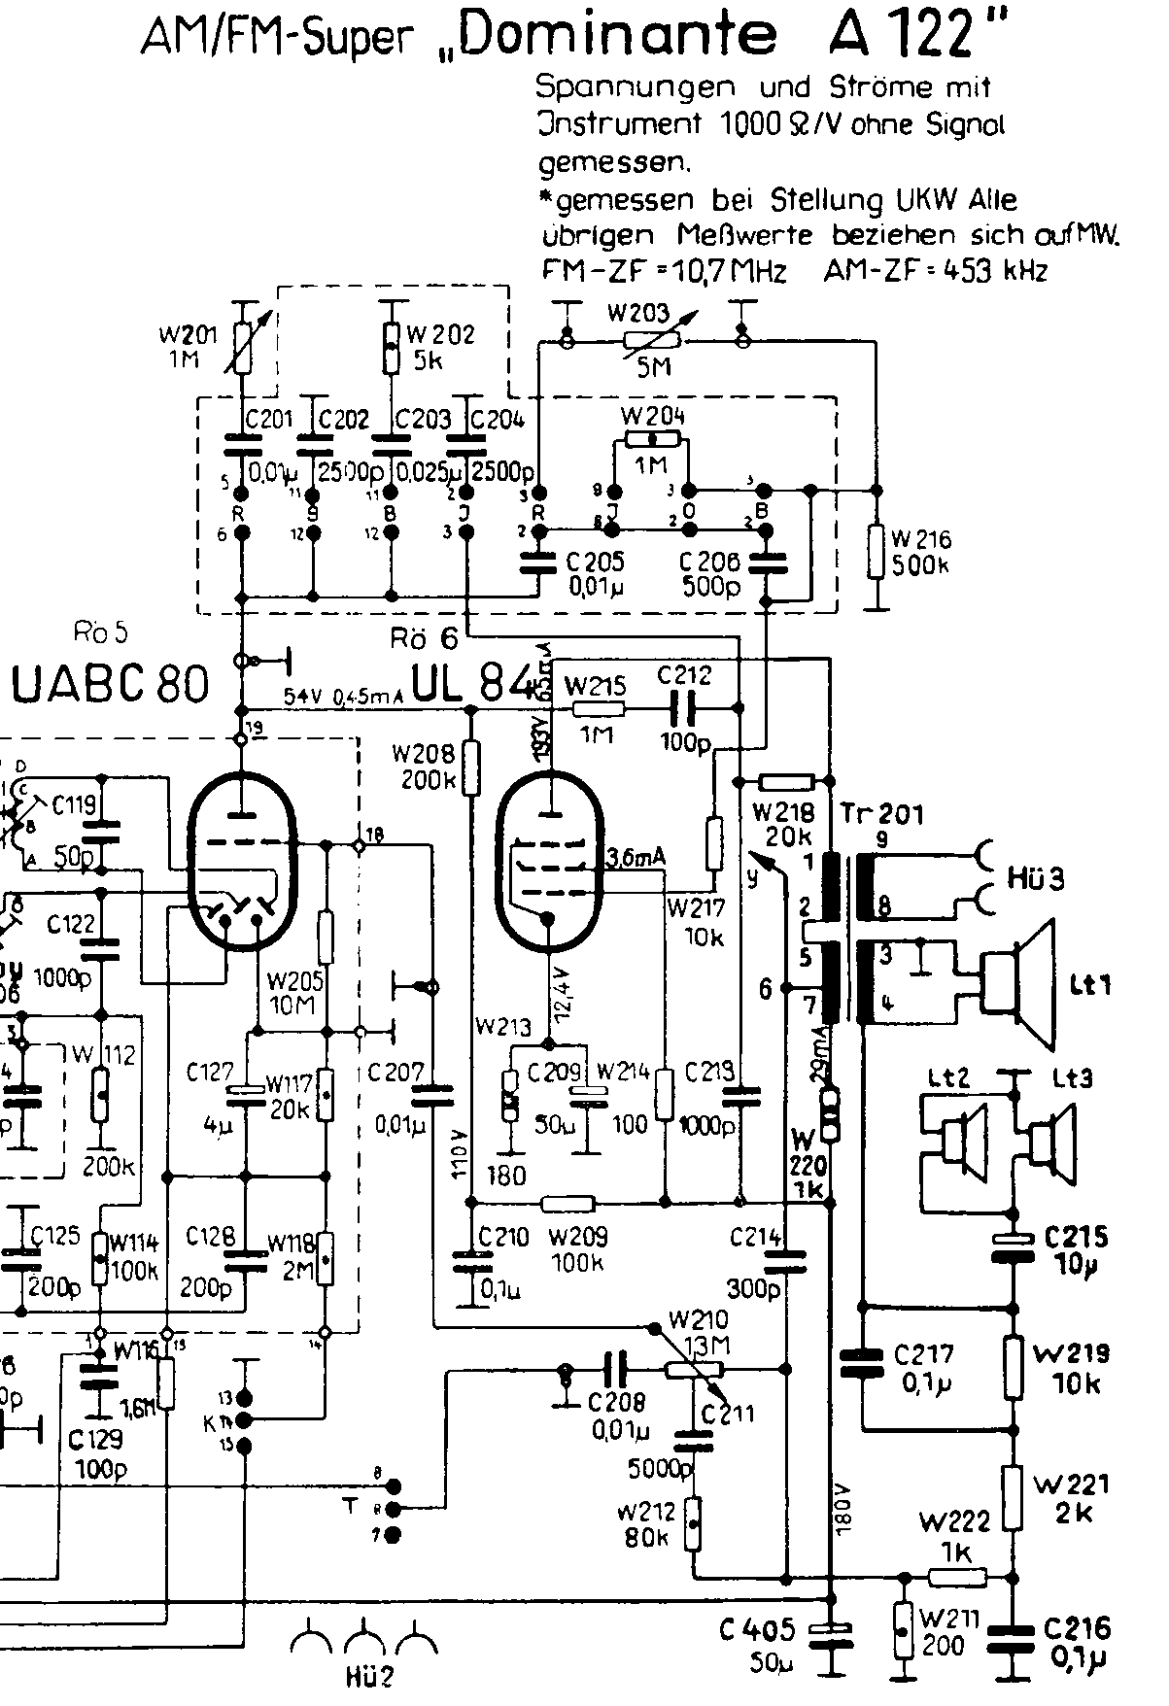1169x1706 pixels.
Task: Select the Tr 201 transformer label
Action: (x=881, y=814)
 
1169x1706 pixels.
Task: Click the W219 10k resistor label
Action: (x=1072, y=1368)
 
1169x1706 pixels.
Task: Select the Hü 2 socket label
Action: (x=367, y=1676)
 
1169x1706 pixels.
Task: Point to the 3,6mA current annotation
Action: (x=636, y=857)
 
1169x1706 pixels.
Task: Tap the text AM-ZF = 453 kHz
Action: (x=936, y=271)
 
